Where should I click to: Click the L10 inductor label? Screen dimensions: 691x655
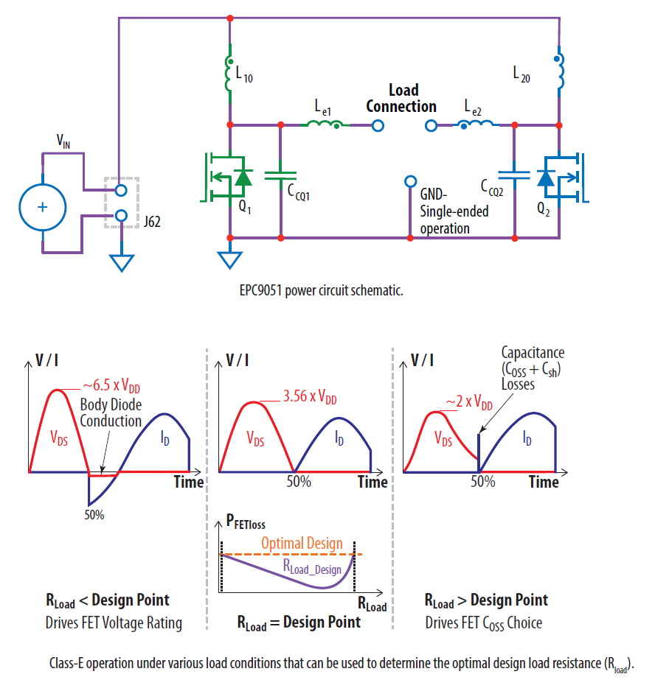(244, 76)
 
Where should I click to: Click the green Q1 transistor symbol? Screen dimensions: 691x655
(224, 176)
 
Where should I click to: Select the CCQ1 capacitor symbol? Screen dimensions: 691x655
(280, 175)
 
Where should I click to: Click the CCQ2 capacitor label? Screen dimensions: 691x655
(491, 190)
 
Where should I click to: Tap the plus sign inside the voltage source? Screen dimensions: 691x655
(42, 207)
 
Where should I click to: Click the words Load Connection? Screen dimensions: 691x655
(402, 98)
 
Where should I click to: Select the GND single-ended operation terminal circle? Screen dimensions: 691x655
(411, 182)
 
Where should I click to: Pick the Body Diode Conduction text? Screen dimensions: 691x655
(111, 413)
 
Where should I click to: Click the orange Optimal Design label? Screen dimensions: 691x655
(302, 544)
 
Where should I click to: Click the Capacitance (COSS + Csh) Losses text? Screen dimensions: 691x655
(533, 368)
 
